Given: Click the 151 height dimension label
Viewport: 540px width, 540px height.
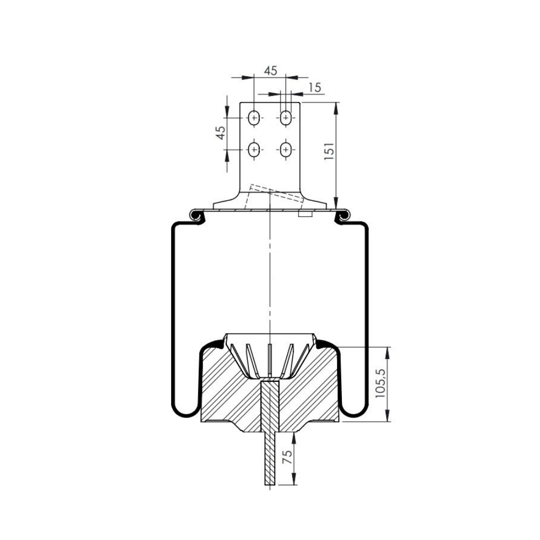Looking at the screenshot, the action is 329,151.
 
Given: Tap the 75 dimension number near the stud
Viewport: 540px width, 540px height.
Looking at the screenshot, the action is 287,457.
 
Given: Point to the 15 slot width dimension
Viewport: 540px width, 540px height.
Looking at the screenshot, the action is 315,87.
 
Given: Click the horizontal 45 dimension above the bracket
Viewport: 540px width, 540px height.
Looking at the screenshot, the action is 271,71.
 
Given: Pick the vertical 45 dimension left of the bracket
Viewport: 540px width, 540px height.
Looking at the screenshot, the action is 221,133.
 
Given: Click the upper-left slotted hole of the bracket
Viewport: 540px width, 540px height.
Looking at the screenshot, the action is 254,118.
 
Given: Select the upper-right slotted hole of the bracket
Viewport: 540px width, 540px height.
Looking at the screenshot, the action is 286,118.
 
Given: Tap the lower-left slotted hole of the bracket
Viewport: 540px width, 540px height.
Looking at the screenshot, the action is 254,150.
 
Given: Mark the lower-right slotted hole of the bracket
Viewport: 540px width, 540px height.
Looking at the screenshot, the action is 286,150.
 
